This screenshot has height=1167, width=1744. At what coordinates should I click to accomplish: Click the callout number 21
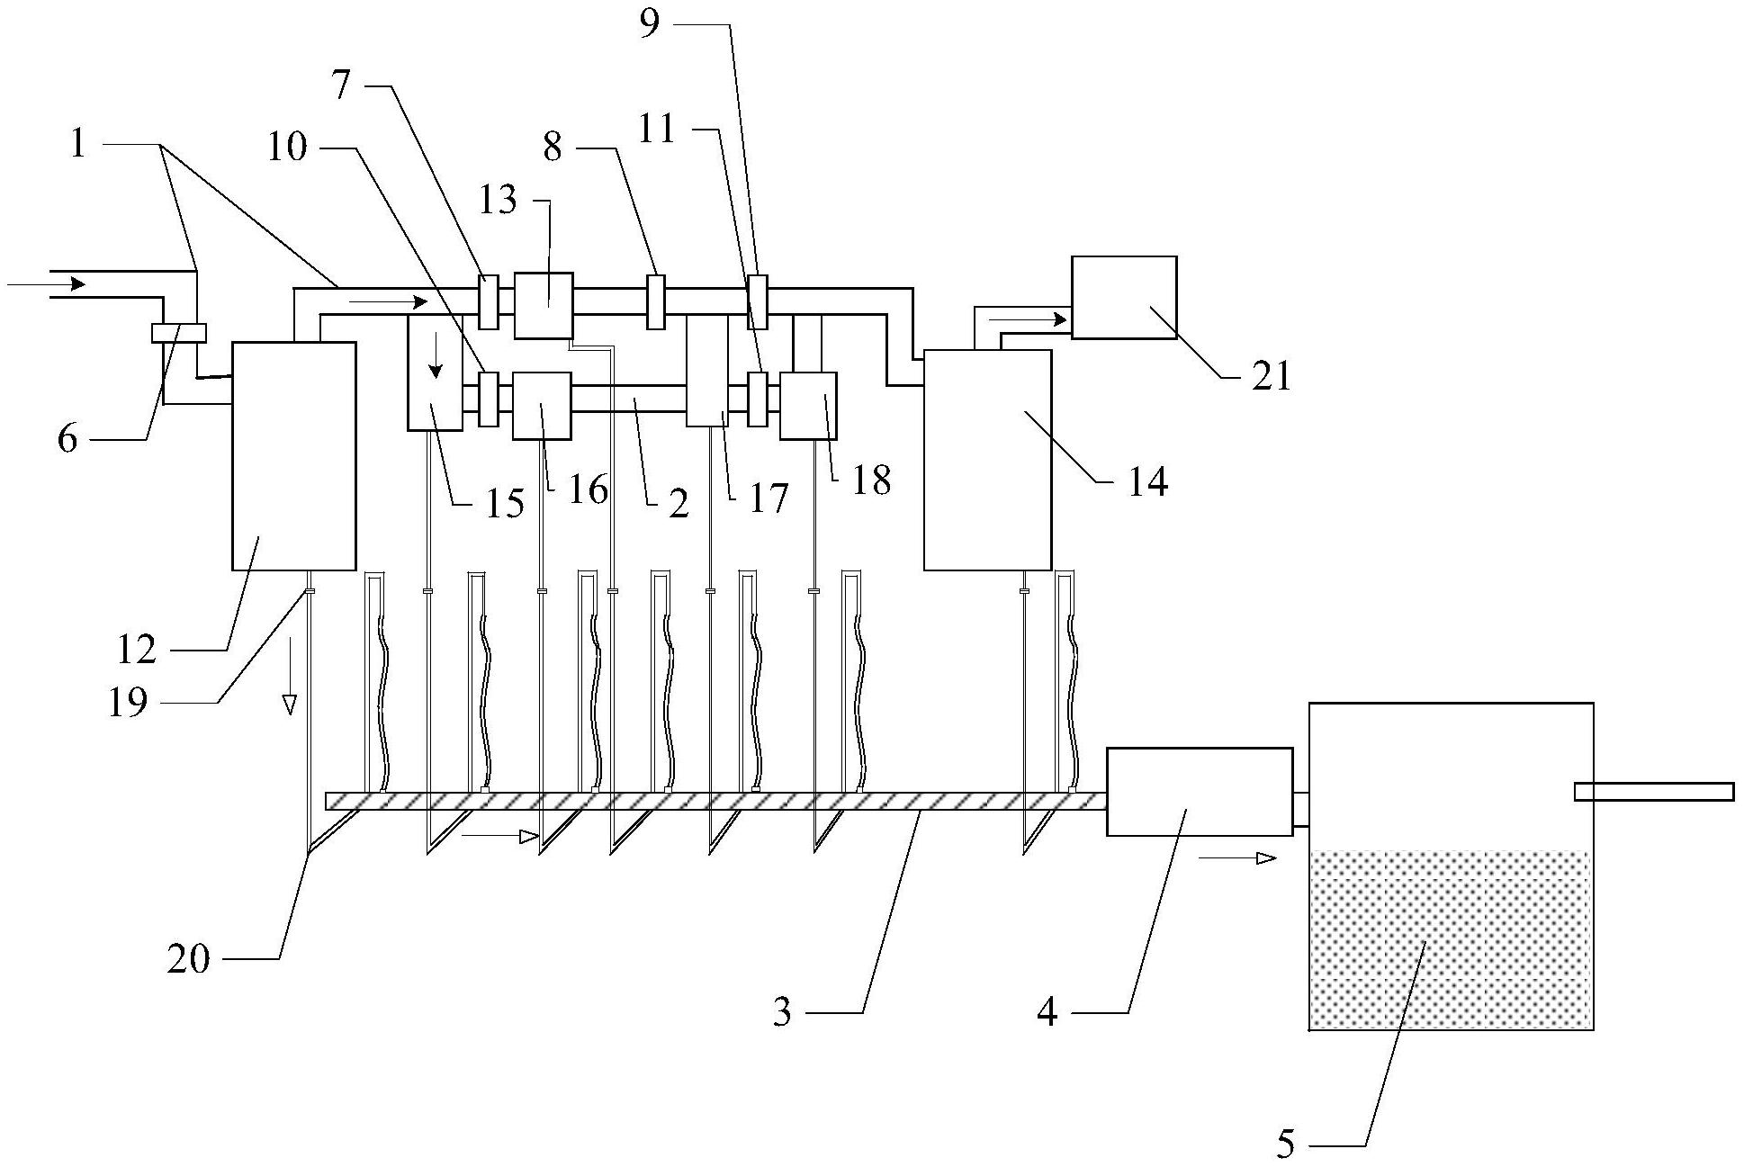point(1272,376)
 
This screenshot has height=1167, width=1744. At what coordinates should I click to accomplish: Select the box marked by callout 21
point(1123,297)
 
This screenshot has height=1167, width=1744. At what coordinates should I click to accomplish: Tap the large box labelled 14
point(987,459)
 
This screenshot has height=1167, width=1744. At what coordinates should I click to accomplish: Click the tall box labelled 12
point(293,455)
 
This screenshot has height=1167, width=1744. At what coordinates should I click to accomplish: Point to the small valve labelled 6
point(179,333)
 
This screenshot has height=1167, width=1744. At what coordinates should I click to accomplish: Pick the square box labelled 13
point(544,305)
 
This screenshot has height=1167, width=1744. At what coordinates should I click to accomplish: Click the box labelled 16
point(542,405)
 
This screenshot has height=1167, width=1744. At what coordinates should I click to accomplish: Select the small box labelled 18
point(808,405)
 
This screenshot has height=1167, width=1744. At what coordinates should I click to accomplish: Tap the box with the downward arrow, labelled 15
point(435,372)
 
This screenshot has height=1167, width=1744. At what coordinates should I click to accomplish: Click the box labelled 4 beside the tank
point(1199,791)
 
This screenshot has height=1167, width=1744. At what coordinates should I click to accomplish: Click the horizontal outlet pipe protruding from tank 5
point(1653,791)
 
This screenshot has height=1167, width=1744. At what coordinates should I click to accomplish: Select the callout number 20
point(188,960)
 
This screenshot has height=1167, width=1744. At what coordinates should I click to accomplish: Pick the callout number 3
point(782,1013)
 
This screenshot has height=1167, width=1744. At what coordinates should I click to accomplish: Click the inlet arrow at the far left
point(47,284)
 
